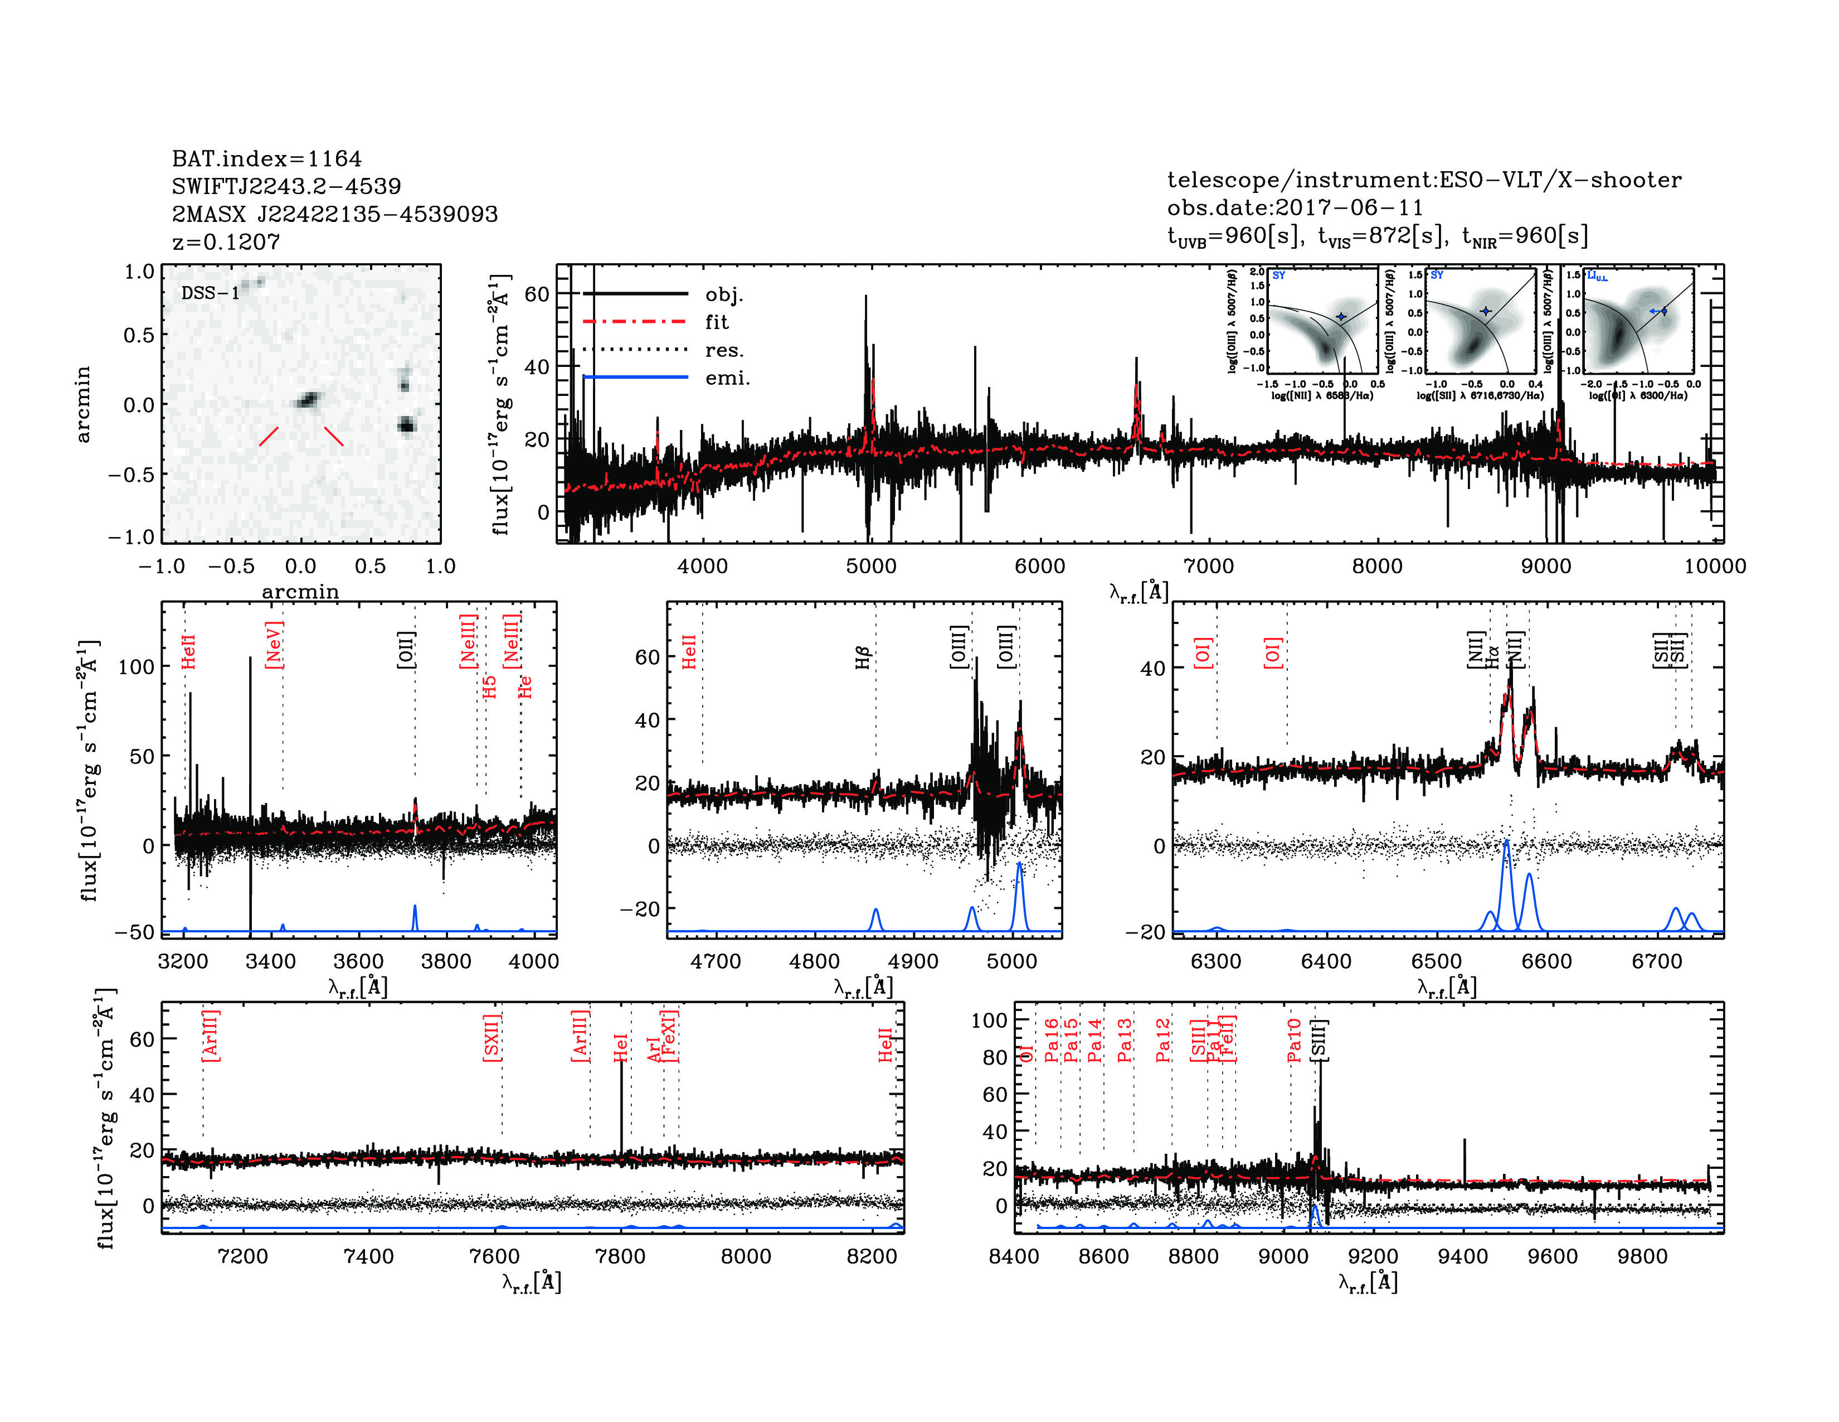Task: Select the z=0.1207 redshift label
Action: click(226, 242)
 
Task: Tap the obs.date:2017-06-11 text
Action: click(1294, 207)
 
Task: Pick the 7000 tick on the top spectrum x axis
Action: click(1208, 566)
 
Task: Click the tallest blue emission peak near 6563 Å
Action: click(1506, 843)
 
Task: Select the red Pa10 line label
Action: click(1294, 1039)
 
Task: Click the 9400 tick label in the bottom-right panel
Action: click(1463, 1256)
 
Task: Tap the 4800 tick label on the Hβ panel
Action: click(814, 961)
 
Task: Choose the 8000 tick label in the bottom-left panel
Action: click(746, 1256)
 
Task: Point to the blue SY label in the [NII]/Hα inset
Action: click(1278, 275)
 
